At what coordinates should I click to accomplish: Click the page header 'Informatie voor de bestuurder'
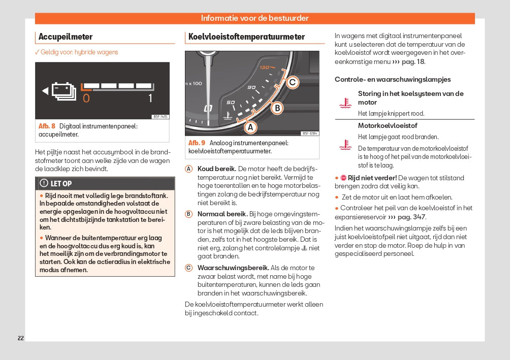[254, 18]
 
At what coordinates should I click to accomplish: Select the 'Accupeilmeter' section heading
[66, 37]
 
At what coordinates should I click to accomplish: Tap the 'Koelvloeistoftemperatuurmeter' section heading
[246, 37]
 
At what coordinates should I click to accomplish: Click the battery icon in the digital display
[64, 91]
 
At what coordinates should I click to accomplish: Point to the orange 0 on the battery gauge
[86, 98]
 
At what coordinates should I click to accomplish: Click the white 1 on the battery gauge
[150, 98]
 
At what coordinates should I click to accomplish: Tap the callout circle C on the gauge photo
[292, 82]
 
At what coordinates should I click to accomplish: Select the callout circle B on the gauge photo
[277, 108]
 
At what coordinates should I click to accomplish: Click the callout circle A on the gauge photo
[250, 127]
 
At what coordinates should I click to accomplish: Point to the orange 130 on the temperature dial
[266, 68]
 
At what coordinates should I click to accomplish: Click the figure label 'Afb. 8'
[47, 126]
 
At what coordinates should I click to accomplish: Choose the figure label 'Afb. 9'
[197, 143]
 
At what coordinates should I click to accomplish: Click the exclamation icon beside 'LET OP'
[44, 183]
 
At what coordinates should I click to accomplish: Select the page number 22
[21, 338]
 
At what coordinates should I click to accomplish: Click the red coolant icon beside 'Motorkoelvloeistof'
[345, 145]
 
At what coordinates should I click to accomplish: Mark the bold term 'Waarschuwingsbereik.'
[233, 268]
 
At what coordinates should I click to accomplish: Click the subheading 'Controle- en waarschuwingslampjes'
[393, 79]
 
